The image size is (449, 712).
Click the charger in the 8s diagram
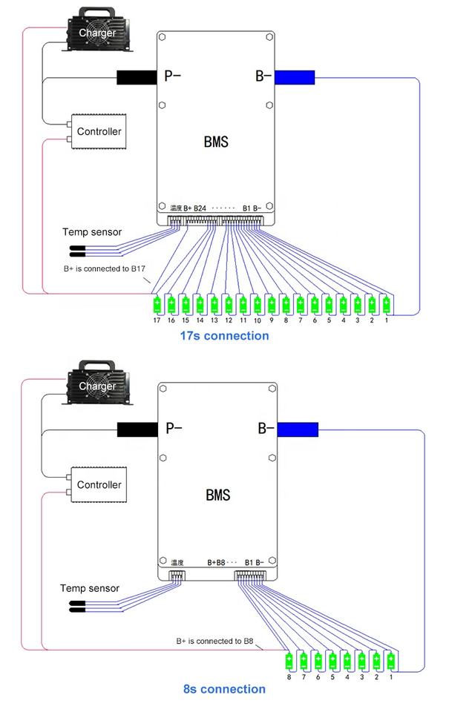pos(98,386)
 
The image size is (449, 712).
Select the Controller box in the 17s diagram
pos(99,132)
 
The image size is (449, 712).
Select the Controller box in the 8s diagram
pos(99,485)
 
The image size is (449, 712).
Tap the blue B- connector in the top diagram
pos(295,76)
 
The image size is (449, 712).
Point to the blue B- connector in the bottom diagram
pos(298,429)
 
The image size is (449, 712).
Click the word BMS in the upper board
pos(216,141)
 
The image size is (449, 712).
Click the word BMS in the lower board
pos(216,495)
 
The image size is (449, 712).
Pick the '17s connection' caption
pos(224,335)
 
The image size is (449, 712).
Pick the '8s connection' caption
pos(224,689)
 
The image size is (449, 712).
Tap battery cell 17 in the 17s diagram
pos(157,304)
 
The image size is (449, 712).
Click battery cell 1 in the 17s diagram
pos(386,304)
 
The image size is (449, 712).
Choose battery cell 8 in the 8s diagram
pos(289,659)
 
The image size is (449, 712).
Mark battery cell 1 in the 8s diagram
pos(390,659)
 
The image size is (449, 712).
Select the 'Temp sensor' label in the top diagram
pos(92,232)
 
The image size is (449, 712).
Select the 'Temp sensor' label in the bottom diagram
pos(89,588)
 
